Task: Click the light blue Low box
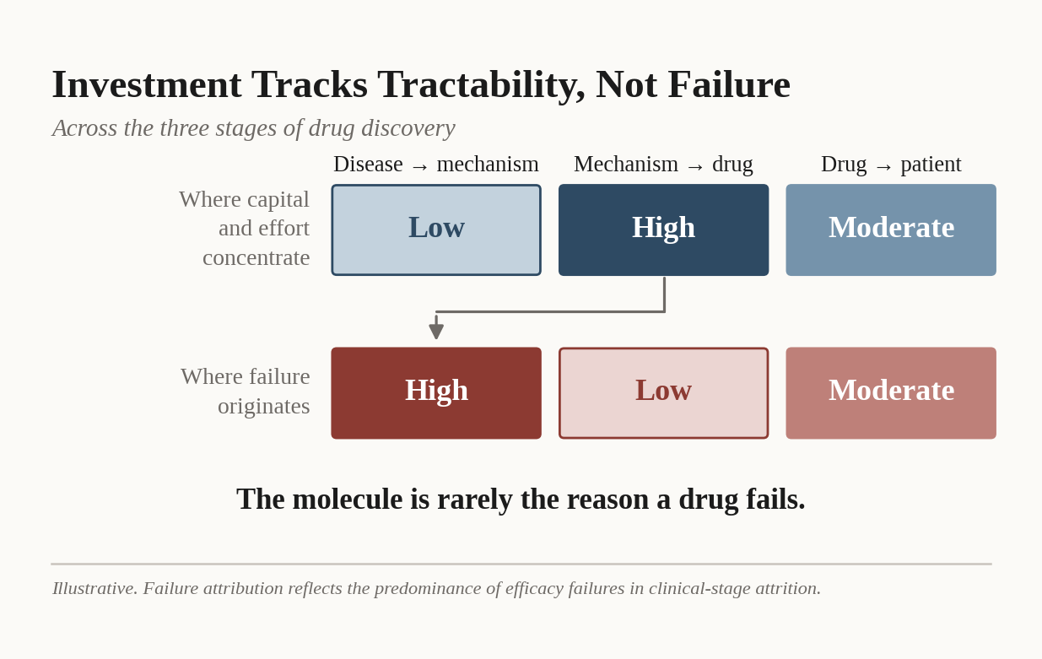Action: (x=436, y=230)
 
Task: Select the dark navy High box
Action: (x=663, y=230)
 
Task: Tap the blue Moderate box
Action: (x=891, y=230)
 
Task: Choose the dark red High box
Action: (x=436, y=393)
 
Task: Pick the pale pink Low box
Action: (x=663, y=393)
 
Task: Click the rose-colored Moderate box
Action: (x=891, y=393)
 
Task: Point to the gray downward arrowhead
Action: (x=436, y=331)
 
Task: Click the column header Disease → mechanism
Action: (x=436, y=165)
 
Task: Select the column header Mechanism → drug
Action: (x=663, y=165)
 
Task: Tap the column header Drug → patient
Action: (x=891, y=165)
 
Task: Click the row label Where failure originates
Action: (x=246, y=392)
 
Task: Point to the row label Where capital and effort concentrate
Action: (x=244, y=229)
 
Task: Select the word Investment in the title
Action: (x=147, y=84)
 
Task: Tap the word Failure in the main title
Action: (x=729, y=84)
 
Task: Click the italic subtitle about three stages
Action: (x=254, y=128)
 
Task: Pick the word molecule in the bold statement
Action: (x=348, y=499)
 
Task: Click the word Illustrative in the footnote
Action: (x=94, y=588)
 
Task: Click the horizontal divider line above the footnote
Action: (x=521, y=564)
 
